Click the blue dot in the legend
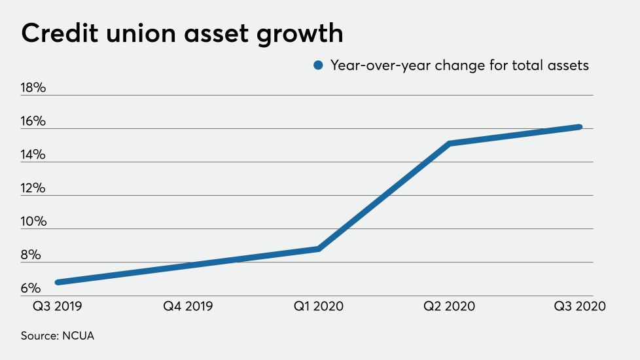click(319, 65)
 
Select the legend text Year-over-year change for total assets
click(459, 65)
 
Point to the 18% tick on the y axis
click(33, 88)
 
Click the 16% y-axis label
click(33, 122)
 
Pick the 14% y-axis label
click(33, 155)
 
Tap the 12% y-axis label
click(33, 189)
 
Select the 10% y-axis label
click(33, 222)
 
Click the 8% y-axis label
click(31, 255)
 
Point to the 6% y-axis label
click(31, 289)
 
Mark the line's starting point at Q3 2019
click(58, 282)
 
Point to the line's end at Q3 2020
click(579, 127)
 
